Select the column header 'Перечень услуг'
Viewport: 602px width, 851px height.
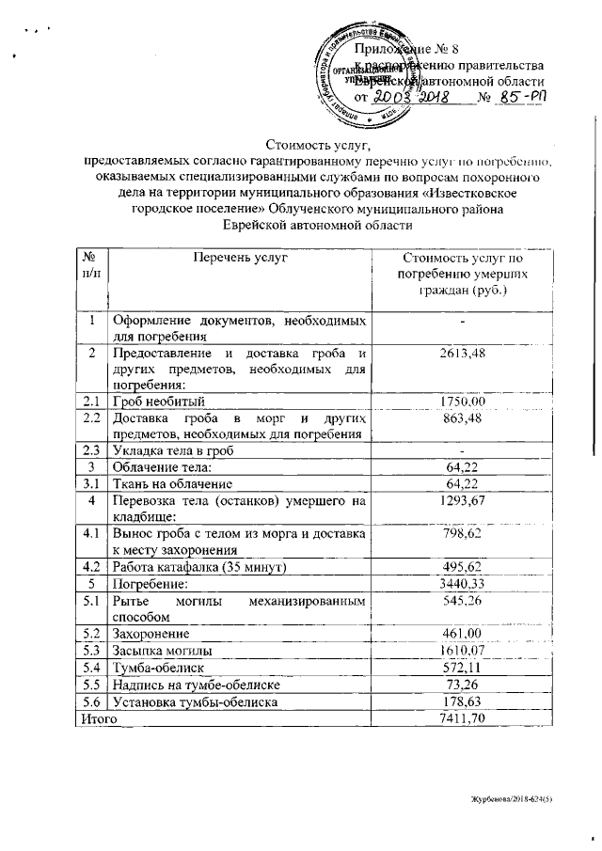[x=240, y=257]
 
